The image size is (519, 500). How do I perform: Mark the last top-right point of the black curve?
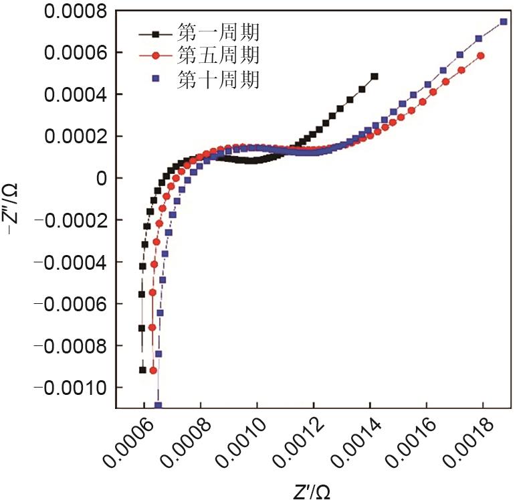[x=375, y=76]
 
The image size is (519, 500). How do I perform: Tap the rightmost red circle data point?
[x=481, y=56]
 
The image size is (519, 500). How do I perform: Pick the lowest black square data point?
[x=142, y=370]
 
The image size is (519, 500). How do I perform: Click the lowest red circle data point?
[x=153, y=370]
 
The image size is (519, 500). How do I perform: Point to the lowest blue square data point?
[x=159, y=405]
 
